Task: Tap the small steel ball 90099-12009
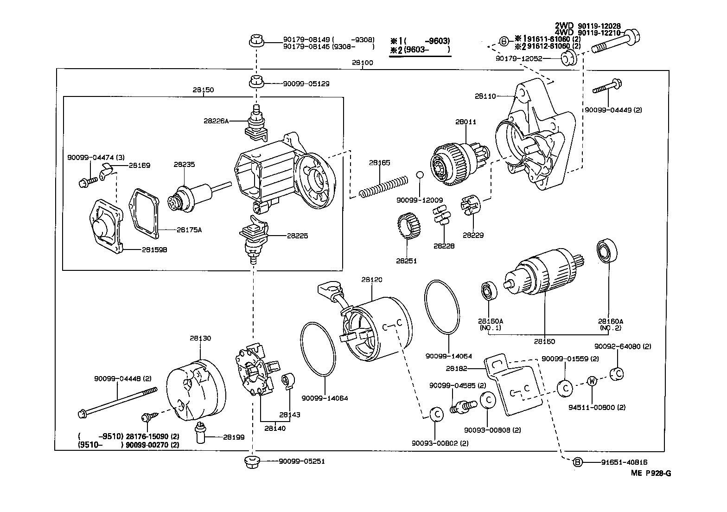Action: click(419, 175)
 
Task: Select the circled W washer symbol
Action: click(592, 381)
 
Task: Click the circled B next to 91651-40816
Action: click(578, 462)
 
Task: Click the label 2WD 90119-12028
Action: click(587, 26)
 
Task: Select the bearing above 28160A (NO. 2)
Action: click(605, 251)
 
